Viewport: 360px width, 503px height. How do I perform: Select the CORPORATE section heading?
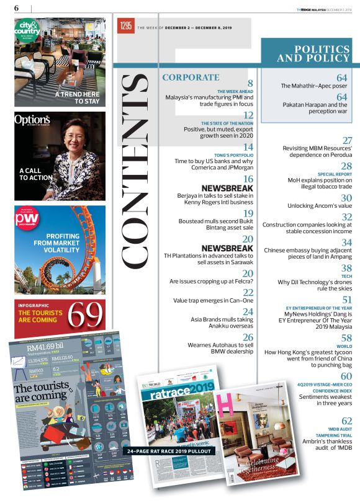click(x=191, y=78)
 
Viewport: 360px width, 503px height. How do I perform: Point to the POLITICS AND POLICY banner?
click(x=310, y=54)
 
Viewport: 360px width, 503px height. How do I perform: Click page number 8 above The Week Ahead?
click(x=250, y=84)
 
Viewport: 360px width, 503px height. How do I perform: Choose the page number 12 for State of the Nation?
click(x=248, y=116)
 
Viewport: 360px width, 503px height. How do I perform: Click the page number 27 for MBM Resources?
click(x=347, y=141)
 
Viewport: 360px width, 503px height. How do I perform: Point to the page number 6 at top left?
click(x=16, y=7)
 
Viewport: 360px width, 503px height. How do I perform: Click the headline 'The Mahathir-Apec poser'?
click(x=314, y=86)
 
